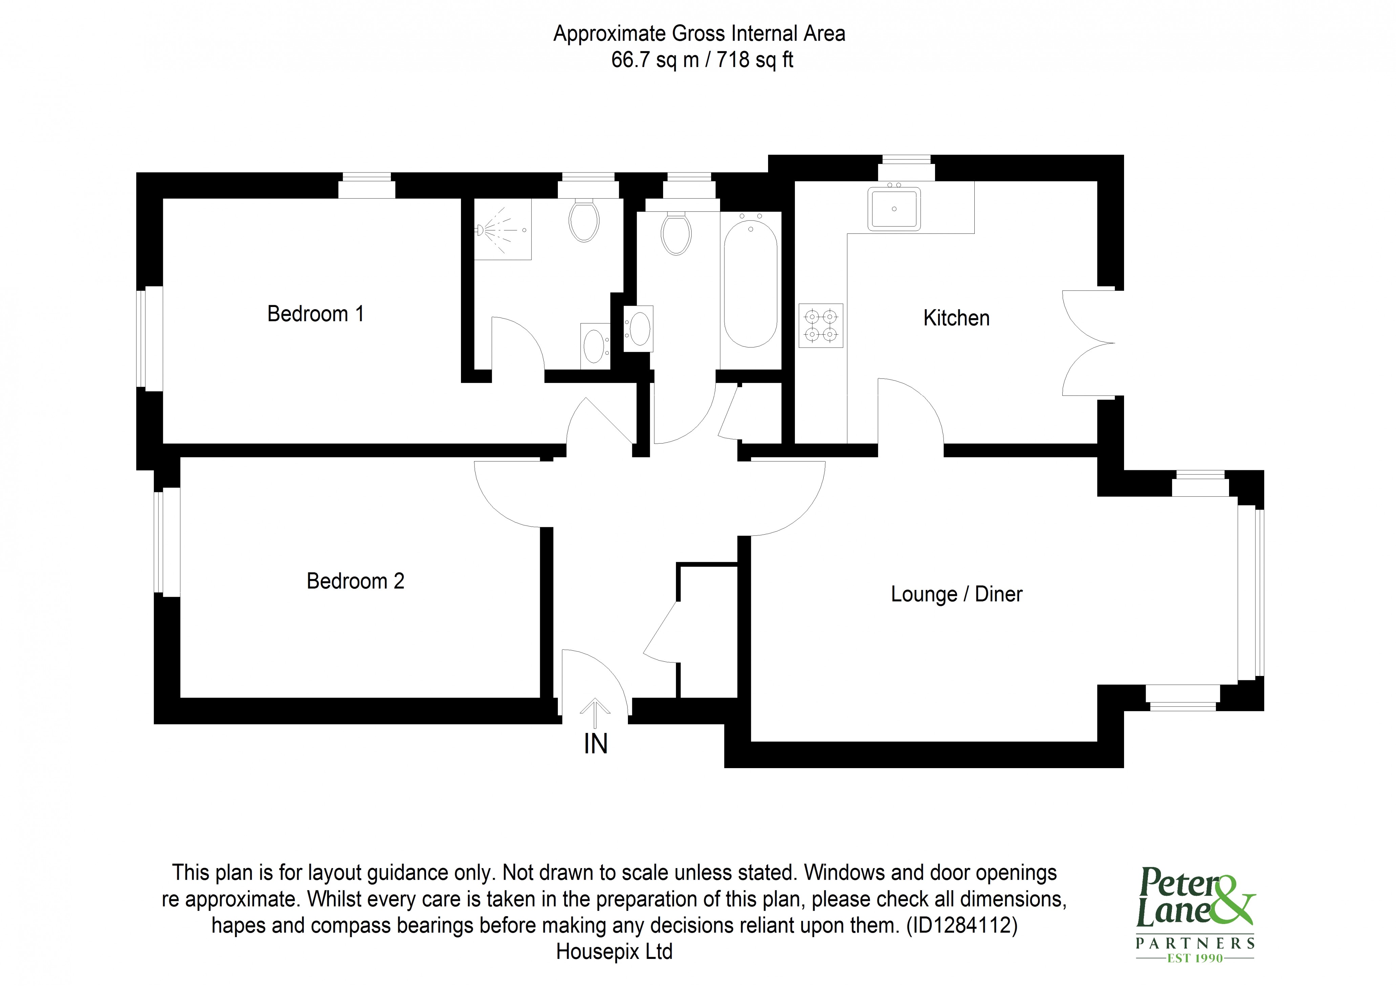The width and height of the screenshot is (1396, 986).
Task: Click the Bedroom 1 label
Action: tap(316, 314)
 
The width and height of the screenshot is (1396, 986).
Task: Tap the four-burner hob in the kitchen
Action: tap(821, 325)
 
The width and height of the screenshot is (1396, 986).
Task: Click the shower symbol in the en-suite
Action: tap(502, 230)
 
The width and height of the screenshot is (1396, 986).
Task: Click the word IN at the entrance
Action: tap(595, 744)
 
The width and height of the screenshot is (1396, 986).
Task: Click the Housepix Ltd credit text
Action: tap(614, 951)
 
